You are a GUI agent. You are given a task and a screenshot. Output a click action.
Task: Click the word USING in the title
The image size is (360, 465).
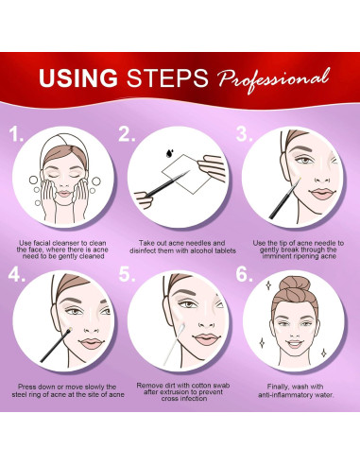click(78, 78)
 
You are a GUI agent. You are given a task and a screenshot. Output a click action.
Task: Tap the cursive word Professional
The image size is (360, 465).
click(274, 79)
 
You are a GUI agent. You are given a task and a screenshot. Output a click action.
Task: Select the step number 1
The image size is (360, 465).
click(15, 134)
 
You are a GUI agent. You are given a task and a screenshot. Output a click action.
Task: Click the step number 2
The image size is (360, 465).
click(127, 134)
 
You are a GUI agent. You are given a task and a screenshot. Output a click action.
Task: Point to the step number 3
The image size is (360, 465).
click(244, 134)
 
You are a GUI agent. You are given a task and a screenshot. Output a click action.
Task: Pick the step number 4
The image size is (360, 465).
click(16, 274)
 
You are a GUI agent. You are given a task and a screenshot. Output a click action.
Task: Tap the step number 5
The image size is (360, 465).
click(127, 274)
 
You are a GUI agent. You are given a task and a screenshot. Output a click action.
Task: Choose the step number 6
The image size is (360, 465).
click(244, 274)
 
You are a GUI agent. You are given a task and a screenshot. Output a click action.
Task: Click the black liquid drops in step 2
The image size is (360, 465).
click(169, 153)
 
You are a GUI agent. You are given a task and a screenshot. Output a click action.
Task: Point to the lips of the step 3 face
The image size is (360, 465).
click(320, 193)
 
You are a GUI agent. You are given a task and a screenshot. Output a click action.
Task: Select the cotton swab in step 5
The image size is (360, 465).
click(175, 343)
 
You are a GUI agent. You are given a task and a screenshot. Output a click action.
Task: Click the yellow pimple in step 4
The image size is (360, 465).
click(70, 330)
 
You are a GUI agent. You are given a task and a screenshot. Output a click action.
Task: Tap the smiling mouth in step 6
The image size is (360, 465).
click(295, 344)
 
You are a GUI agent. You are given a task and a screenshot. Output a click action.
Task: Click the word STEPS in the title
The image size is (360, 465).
click(167, 78)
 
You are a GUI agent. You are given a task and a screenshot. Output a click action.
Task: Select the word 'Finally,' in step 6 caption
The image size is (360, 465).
click(278, 387)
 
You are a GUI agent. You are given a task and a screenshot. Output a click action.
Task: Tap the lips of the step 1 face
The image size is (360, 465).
click(64, 193)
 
